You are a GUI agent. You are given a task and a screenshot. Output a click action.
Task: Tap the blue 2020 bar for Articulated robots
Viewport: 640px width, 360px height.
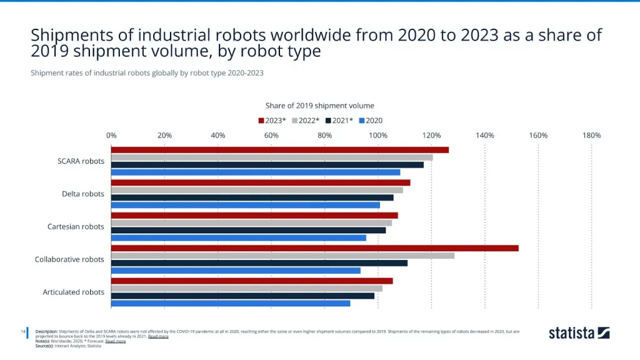tap(231, 303)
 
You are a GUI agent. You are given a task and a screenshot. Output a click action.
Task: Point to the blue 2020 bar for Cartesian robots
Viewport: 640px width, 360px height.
tap(238, 237)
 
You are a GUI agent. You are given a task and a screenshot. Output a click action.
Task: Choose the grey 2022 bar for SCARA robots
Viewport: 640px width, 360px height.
tap(272, 157)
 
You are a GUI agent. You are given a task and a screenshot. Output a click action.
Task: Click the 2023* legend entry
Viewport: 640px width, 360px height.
tap(272, 121)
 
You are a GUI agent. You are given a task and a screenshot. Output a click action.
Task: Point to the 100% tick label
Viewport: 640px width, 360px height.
tap(378, 135)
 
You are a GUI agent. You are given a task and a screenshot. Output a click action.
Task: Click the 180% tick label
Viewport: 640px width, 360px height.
tap(591, 135)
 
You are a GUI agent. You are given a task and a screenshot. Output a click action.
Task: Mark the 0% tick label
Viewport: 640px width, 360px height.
tap(111, 135)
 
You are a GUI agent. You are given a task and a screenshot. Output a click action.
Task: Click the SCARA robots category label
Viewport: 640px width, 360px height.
tap(81, 161)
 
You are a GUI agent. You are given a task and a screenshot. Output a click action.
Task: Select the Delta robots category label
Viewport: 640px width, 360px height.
tap(83, 194)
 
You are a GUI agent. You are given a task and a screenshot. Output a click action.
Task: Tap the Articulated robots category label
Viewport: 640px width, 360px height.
tap(73, 292)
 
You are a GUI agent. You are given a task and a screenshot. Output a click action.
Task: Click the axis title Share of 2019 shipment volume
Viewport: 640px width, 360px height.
tap(320, 106)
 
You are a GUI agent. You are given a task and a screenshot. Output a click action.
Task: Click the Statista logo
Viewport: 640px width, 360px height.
tap(579, 332)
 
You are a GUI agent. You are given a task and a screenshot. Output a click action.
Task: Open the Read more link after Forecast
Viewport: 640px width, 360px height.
tap(116, 341)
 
